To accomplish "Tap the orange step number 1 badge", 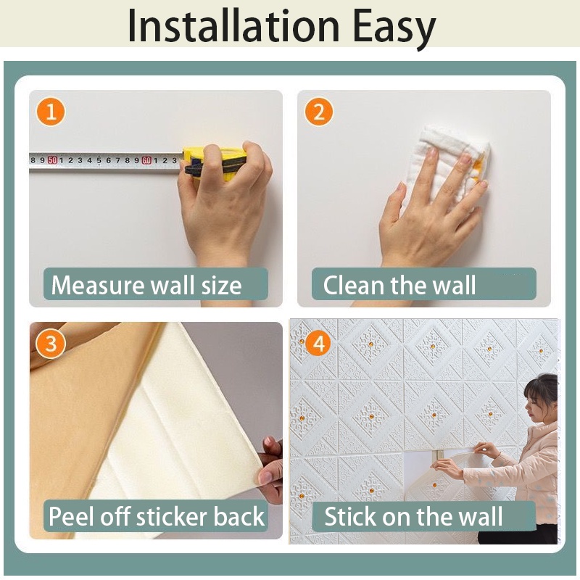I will [x=51, y=112].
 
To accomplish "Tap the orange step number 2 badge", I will [x=318, y=112].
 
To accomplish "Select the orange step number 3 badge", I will [x=51, y=344].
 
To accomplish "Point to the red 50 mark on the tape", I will [x=52, y=160].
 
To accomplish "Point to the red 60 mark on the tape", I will [x=146, y=160].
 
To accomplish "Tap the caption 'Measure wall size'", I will [x=146, y=285].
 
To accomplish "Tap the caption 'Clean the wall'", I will [x=399, y=285].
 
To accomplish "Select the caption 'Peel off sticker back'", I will [x=157, y=517].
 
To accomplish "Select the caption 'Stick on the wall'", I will [x=413, y=517].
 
